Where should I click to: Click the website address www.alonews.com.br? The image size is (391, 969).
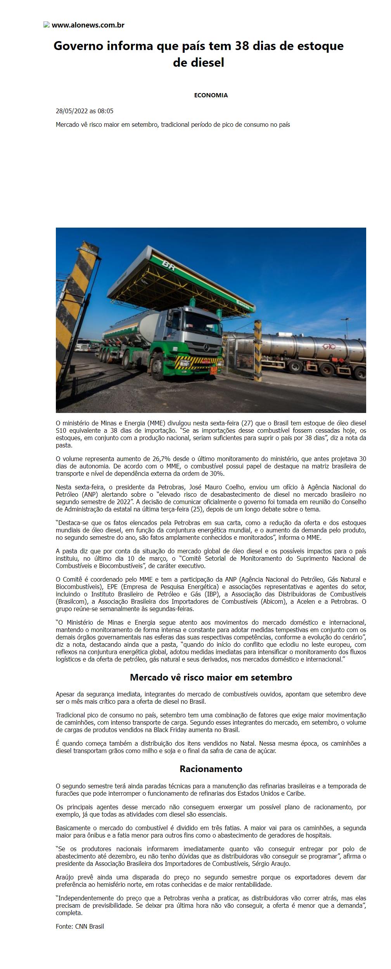tap(88, 25)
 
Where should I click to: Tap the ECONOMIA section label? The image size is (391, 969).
tap(211, 95)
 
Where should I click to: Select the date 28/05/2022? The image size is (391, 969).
tap(72, 111)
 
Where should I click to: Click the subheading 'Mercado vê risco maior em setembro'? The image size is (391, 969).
tap(211, 677)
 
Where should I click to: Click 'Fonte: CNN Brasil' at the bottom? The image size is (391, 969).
tap(80, 926)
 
